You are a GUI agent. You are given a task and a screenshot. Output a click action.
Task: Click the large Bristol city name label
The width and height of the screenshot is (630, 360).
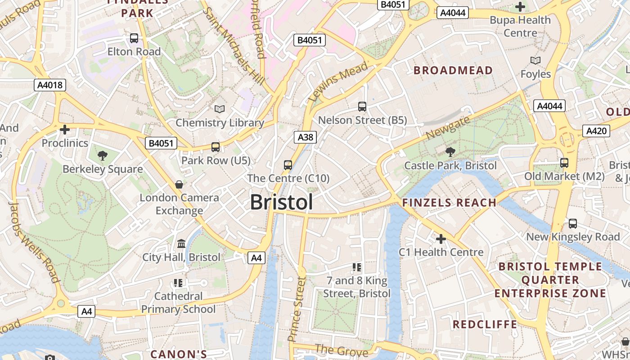281,202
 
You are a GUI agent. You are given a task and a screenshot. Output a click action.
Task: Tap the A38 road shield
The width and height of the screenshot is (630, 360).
306,137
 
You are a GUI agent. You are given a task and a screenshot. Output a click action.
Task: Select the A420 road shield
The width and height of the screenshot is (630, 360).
597,131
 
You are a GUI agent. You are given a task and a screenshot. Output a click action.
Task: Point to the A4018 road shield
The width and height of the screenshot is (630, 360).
50,85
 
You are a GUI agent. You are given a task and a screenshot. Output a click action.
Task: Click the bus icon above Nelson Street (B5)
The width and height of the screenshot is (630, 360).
362,107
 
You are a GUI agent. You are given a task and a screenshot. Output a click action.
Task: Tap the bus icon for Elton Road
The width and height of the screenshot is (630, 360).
134,38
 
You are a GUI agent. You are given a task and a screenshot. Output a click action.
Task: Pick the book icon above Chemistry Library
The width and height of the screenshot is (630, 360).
220,109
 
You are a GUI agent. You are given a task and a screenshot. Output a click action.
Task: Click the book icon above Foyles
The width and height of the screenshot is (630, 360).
535,60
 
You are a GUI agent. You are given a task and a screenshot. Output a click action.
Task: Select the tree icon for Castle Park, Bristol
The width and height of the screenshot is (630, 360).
450,152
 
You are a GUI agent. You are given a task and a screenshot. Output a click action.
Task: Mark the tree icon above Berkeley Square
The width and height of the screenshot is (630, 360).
103,156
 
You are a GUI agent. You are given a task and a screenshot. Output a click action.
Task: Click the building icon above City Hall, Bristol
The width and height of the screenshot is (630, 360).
181,243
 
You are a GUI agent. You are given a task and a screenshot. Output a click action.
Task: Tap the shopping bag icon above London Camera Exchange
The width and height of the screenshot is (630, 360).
179,184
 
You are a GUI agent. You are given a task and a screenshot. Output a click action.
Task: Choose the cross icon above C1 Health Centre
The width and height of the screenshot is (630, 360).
441,238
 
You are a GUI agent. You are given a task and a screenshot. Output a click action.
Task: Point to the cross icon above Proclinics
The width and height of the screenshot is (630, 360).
65,130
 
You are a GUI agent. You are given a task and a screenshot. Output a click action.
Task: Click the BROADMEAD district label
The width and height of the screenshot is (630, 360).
453,70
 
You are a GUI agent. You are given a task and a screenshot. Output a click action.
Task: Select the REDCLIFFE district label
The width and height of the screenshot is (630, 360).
485,324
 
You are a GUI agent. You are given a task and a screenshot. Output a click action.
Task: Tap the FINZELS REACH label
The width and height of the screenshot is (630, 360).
449,202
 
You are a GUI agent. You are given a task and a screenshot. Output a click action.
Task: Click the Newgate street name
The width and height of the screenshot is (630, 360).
448,127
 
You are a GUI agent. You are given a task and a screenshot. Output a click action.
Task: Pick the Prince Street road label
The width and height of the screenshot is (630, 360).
297,309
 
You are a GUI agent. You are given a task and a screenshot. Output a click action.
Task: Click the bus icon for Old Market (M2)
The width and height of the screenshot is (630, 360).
564,162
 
